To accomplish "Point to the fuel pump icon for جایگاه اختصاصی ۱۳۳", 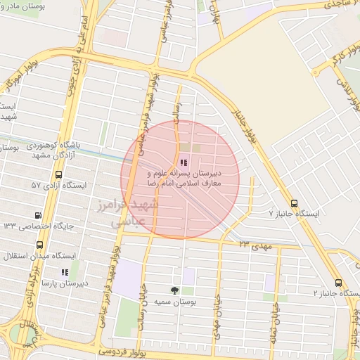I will click(x=38, y=215).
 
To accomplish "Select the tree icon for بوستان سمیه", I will click(x=174, y=290).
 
